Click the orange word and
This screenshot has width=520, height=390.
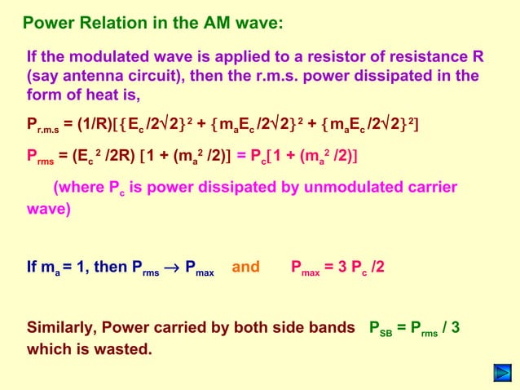click(246, 266)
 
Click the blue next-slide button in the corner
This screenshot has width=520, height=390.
click(501, 374)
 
